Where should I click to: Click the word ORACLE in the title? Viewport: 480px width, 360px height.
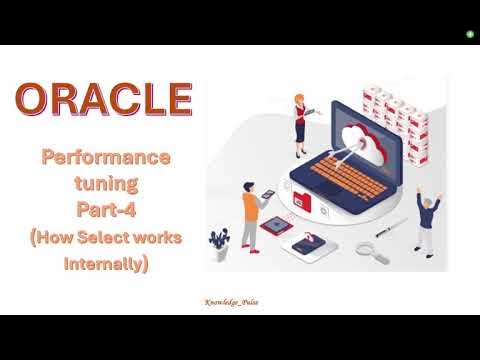pos(104,100)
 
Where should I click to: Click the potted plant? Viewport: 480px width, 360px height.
pos(219,241)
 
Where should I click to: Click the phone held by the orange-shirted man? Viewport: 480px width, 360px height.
pos(265,195)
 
